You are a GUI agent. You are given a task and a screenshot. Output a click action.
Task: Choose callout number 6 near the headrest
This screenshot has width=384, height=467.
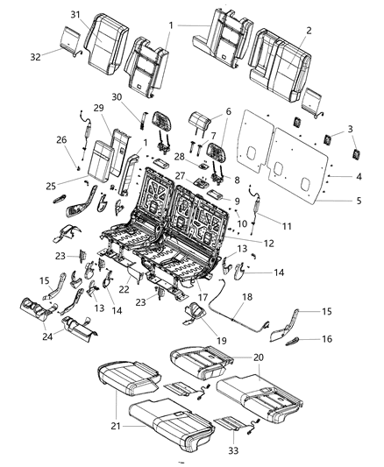coord(229,112)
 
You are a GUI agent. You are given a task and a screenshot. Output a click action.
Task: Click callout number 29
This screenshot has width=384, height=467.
coord(99,107)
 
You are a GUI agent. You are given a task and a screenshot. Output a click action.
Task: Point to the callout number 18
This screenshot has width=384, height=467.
coord(246,299)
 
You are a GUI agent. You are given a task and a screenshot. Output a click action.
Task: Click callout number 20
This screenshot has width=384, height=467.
coord(257,357)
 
